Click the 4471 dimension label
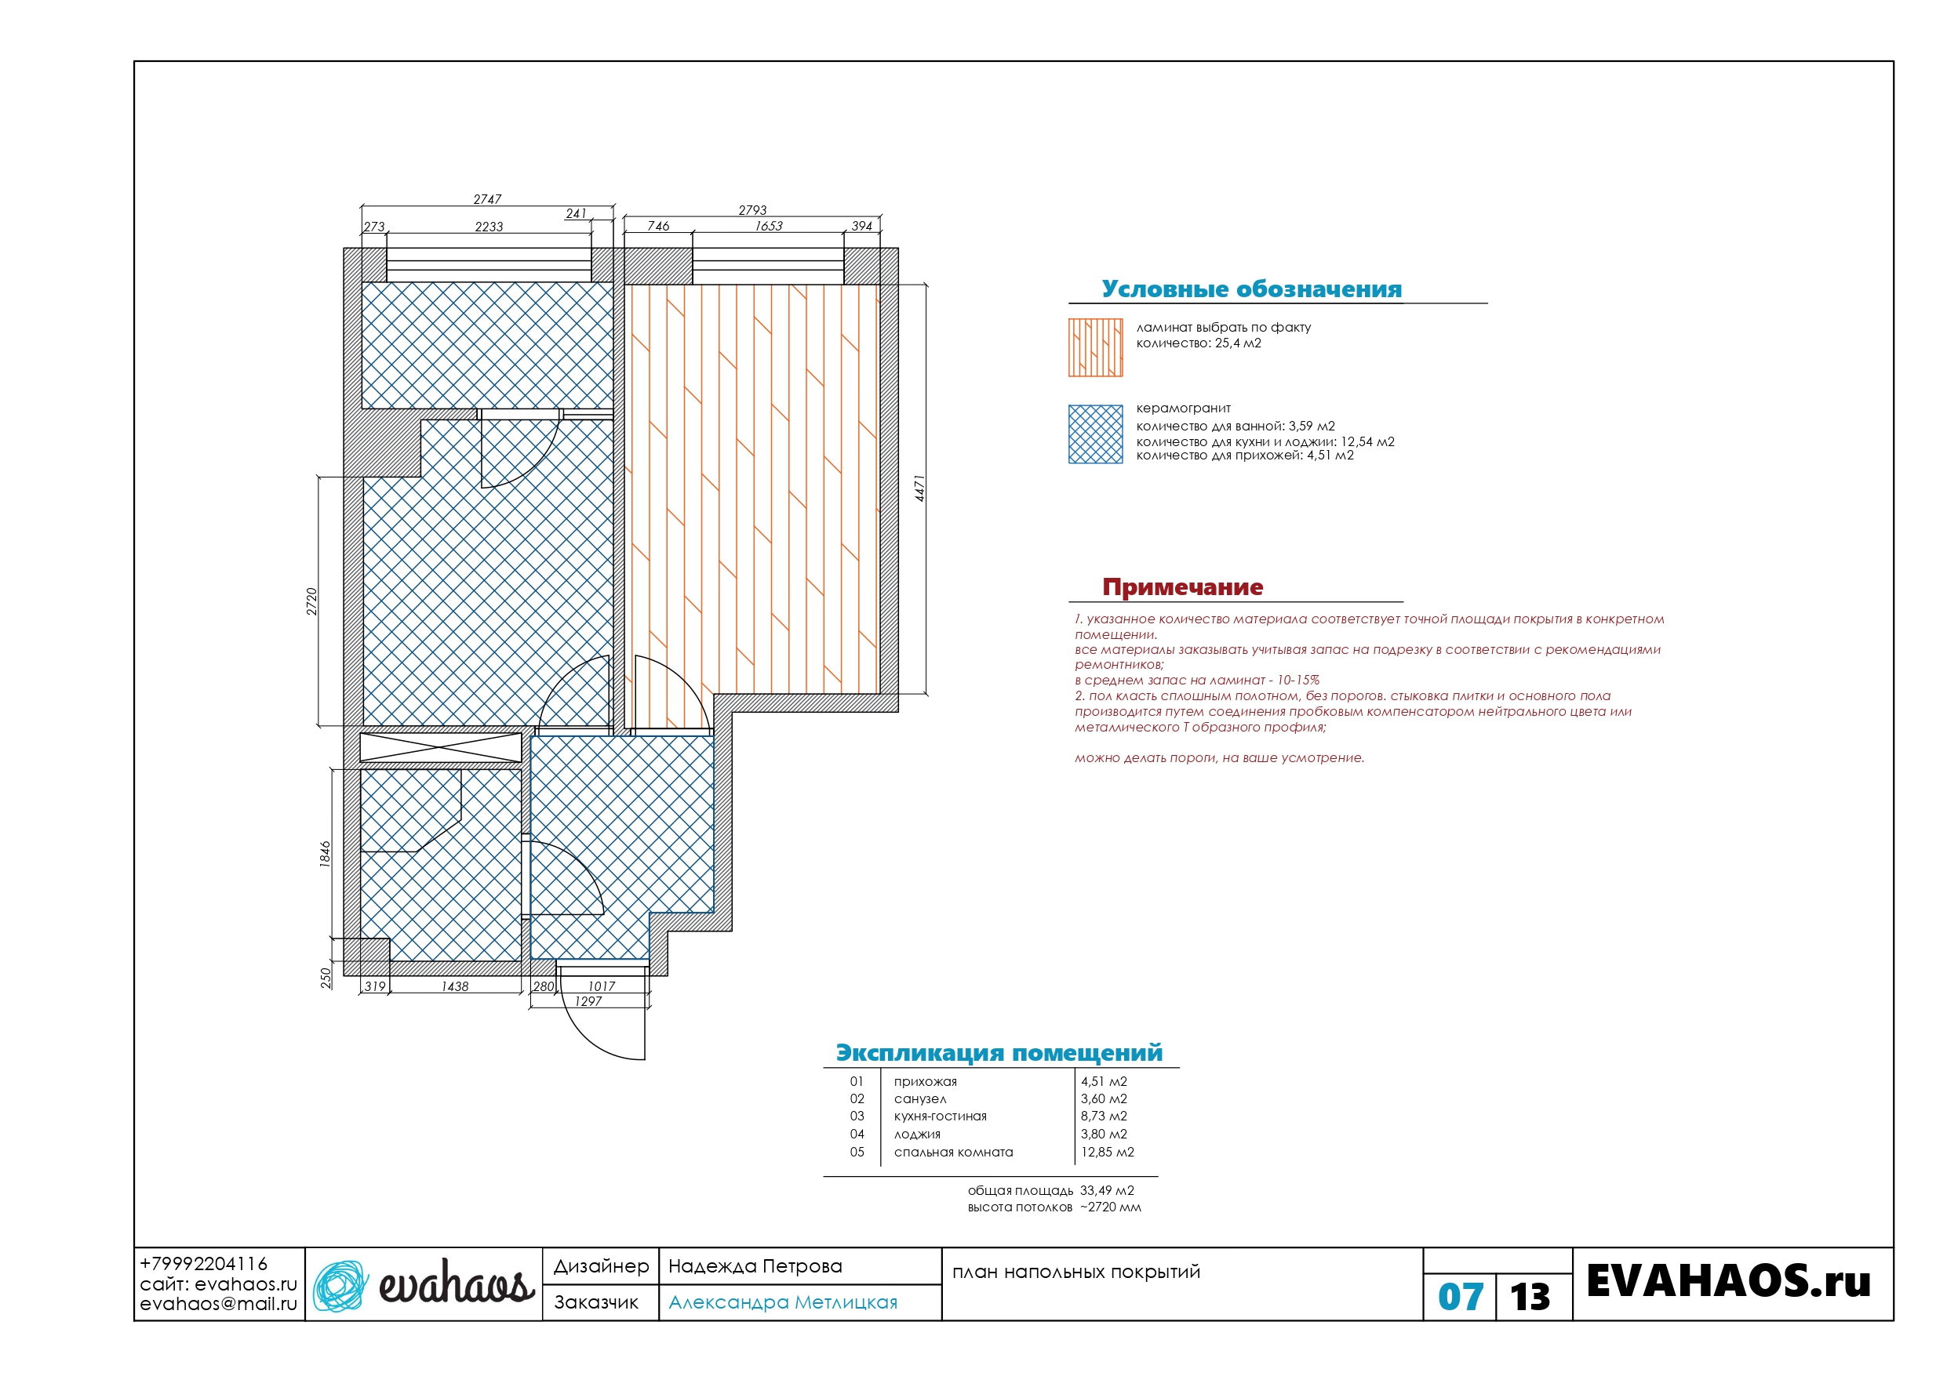pyautogui.click(x=920, y=488)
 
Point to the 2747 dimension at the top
pyautogui.click(x=488, y=199)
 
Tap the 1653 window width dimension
pyautogui.click(x=769, y=227)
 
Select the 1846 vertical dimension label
pyautogui.click(x=325, y=854)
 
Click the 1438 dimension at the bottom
pyautogui.click(x=454, y=986)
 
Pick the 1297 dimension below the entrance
pyautogui.click(x=588, y=1001)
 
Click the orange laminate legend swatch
pyautogui.click(x=1095, y=347)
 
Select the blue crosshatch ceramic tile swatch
pyautogui.click(x=1095, y=434)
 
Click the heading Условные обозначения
pyautogui.click(x=1252, y=289)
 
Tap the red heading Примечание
pyautogui.click(x=1182, y=586)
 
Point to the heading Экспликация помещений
pyautogui.click(x=999, y=1053)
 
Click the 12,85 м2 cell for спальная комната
pyautogui.click(x=1107, y=1153)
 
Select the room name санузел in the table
pyautogui.click(x=919, y=1098)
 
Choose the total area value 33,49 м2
pyautogui.click(x=1107, y=1190)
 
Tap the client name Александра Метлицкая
pyautogui.click(x=783, y=1302)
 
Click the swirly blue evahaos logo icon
pyautogui.click(x=341, y=1286)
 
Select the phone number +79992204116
pyautogui.click(x=203, y=1264)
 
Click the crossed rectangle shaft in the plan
pyautogui.click(x=441, y=748)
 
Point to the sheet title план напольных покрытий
pyautogui.click(x=1076, y=1272)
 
